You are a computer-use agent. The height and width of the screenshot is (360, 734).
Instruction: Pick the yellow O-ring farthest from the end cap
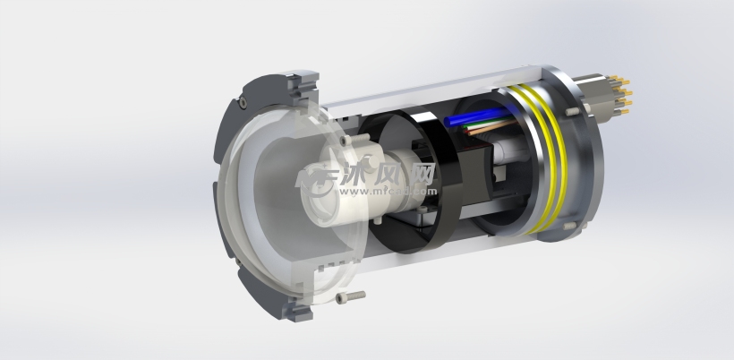coord(533,157)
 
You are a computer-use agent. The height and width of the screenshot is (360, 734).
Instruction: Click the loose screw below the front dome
coord(354,295)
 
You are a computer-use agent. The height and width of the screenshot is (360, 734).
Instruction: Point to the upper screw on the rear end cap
coord(570,111)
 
